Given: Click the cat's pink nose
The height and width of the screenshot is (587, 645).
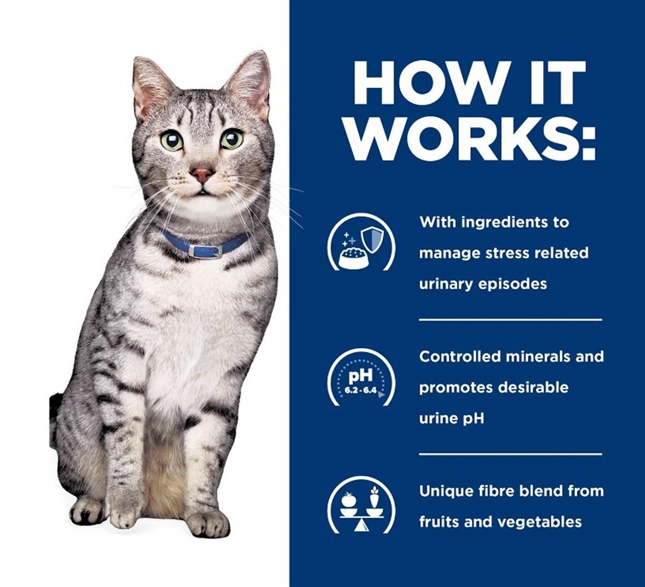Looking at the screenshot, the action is click(203, 175).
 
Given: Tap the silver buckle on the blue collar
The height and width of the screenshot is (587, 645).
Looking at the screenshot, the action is click(205, 251).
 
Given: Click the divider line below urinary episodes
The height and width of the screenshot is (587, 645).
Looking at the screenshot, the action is click(511, 320).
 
